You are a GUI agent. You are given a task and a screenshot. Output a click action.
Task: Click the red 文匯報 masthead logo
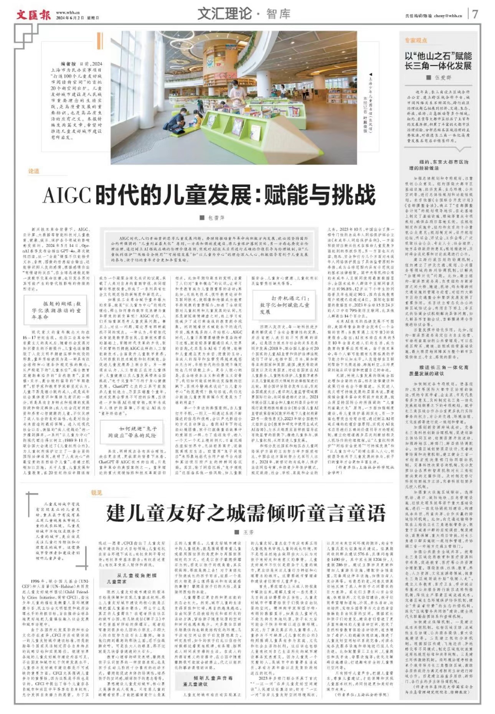(x=33, y=15)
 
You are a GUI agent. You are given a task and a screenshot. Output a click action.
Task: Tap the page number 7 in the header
(x=475, y=14)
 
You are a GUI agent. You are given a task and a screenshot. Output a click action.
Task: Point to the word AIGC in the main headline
(x=66, y=195)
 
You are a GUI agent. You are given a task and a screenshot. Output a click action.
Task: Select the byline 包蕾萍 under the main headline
(x=216, y=218)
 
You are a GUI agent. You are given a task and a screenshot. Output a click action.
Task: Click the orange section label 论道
(x=33, y=171)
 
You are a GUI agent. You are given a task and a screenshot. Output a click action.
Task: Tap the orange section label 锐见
(x=97, y=493)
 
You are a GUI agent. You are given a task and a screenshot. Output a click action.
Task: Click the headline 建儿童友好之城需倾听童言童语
(x=246, y=513)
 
